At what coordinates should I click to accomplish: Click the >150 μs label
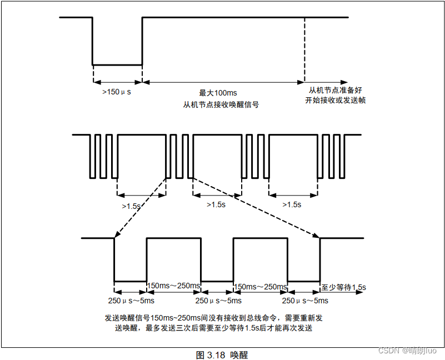(x=117, y=92)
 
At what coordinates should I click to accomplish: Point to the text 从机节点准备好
(x=335, y=90)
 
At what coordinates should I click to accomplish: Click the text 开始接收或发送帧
(x=335, y=101)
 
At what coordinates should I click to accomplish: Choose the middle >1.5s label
(x=216, y=204)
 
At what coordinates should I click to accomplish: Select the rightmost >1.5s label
(x=292, y=204)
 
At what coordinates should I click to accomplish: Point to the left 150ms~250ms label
(x=173, y=286)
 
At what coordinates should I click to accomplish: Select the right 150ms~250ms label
(x=260, y=287)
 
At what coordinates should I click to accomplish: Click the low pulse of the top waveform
(x=117, y=64)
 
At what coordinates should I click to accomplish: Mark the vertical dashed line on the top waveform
(x=304, y=50)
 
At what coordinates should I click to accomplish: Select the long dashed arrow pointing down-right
(x=256, y=206)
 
